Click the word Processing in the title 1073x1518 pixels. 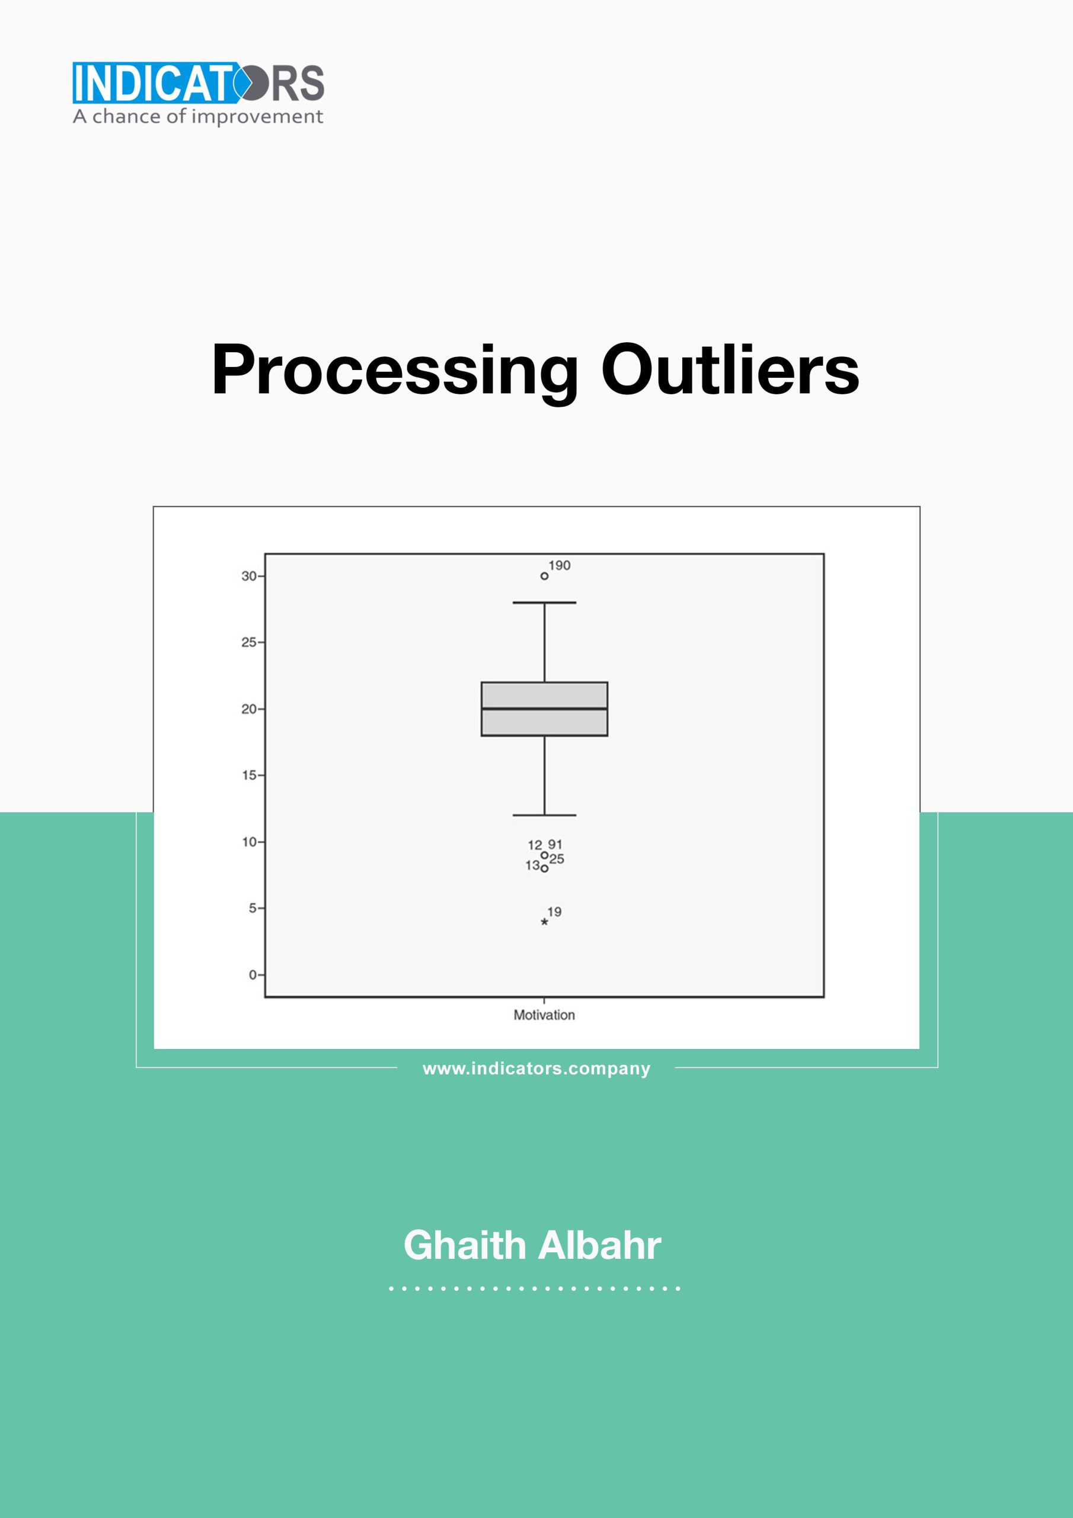pyautogui.click(x=394, y=372)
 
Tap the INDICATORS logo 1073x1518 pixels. pyautogui.click(x=199, y=82)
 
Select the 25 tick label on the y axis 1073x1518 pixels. pyautogui.click(x=248, y=642)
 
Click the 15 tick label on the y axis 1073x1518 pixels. pyautogui.click(x=248, y=775)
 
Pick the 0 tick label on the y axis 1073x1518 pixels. pyautogui.click(x=253, y=974)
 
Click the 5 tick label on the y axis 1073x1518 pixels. pyautogui.click(x=253, y=908)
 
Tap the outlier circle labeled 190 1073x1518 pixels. pyautogui.click(x=544, y=576)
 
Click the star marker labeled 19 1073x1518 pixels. pyautogui.click(x=544, y=921)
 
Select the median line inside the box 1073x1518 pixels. pyautogui.click(x=544, y=709)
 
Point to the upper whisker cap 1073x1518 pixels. pyautogui.click(x=544, y=603)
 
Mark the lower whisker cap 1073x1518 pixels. pyautogui.click(x=544, y=815)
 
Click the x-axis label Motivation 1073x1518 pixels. pyautogui.click(x=544, y=1015)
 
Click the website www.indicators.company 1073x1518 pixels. pyautogui.click(x=536, y=1069)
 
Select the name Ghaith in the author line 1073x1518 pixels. pyautogui.click(x=465, y=1246)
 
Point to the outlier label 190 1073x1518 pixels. pyautogui.click(x=559, y=565)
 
